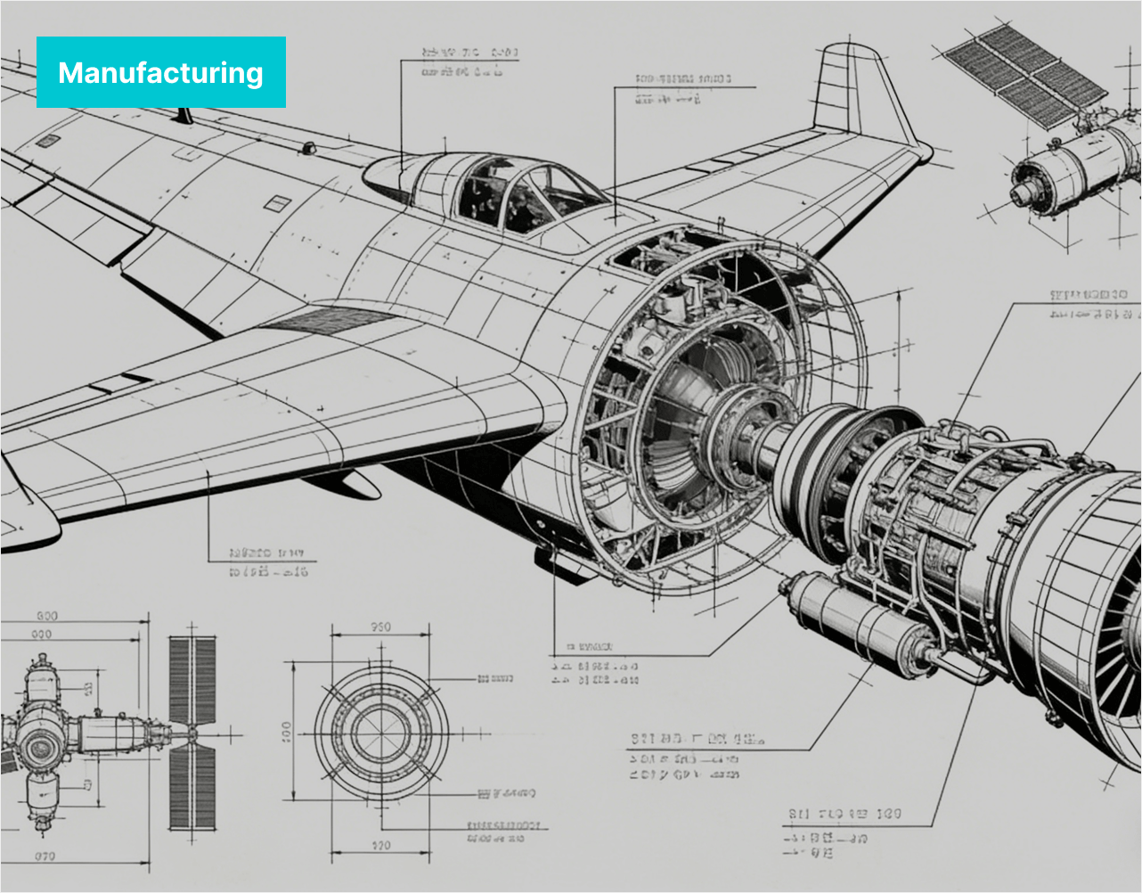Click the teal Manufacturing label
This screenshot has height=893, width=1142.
coord(161,72)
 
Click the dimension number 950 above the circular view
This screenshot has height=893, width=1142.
coord(380,627)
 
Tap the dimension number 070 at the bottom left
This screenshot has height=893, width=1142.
coord(45,856)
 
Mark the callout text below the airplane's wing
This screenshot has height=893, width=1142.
coord(267,562)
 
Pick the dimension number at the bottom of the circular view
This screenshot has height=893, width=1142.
coord(380,846)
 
